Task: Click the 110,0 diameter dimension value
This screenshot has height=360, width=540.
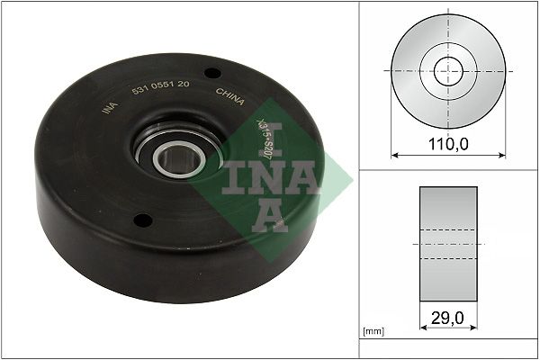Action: pos(446,143)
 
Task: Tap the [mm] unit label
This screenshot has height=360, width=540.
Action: pos(373,333)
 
